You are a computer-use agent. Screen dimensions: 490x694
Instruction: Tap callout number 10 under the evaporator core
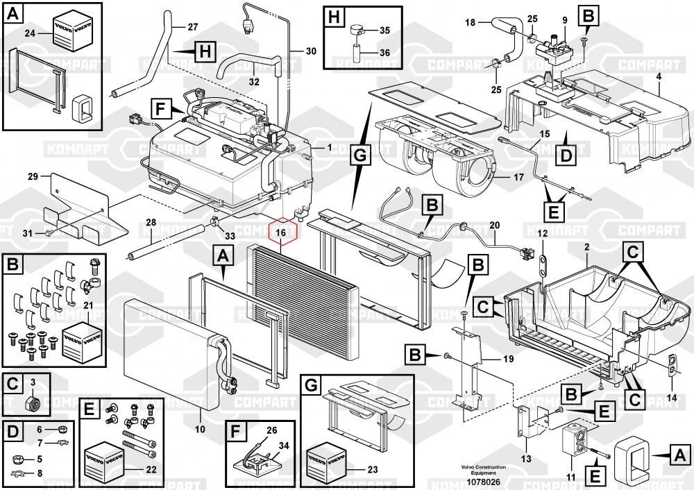pos(200,430)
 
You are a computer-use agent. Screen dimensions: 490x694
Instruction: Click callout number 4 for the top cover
pos(658,74)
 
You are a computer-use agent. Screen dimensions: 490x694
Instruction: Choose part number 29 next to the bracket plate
pos(33,177)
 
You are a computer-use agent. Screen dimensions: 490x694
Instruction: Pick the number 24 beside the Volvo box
pos(30,33)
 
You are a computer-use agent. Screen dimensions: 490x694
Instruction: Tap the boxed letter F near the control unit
pos(160,108)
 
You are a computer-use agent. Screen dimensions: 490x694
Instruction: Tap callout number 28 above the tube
pos(151,222)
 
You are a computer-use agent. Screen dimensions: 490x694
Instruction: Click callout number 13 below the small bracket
pos(526,458)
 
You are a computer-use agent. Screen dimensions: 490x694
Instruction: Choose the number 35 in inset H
pos(384,31)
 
